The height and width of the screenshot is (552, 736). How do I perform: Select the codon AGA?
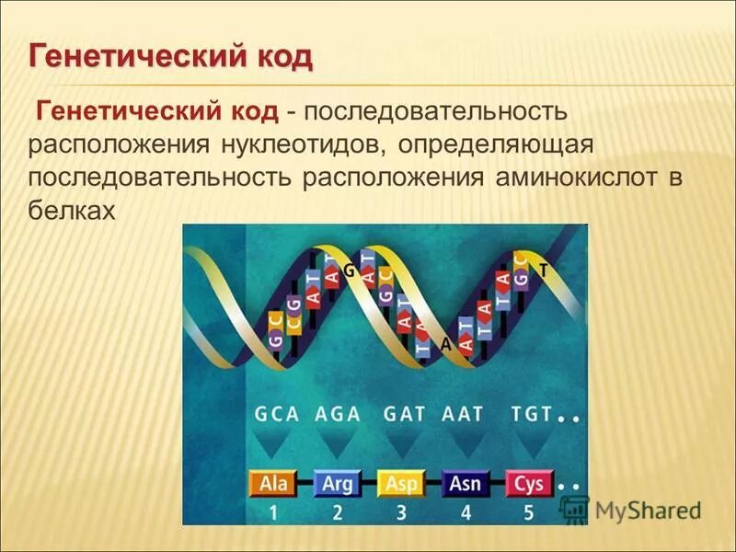[339, 413]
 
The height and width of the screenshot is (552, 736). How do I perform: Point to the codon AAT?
[463, 413]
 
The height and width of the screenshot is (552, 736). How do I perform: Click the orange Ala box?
[274, 483]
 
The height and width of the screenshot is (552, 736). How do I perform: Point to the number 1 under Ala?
[273, 512]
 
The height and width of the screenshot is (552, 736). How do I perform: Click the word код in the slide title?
[280, 56]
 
